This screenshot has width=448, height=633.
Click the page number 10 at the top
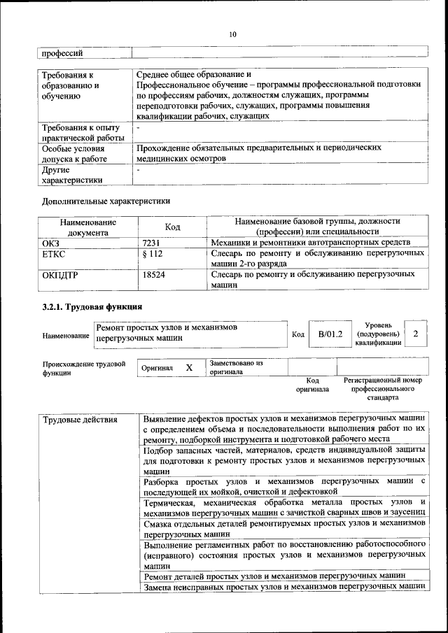pos(232,34)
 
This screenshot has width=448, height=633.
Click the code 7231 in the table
pos(153,242)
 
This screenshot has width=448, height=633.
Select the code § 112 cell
pos(152,254)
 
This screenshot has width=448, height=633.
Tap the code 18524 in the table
pos(153,275)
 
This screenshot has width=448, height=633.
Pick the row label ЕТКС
pos(55,254)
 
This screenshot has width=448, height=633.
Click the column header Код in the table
pos(172,227)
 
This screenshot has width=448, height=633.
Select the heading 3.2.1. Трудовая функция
pos(92,306)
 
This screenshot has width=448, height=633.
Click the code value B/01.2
pos(330,334)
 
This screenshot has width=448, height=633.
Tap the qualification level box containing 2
pos(416,334)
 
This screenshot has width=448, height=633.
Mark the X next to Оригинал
pos(189,367)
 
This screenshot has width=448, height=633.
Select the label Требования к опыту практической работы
pos(80,132)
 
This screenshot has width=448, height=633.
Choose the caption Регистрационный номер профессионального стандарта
pos(382,388)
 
